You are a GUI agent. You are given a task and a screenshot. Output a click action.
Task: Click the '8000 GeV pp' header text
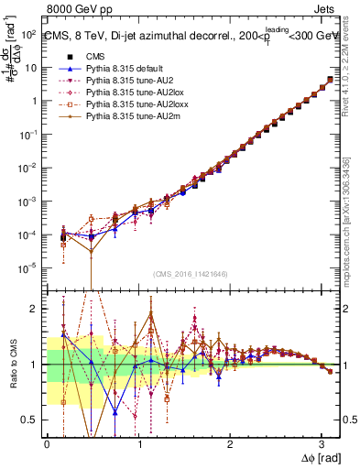coord(79,10)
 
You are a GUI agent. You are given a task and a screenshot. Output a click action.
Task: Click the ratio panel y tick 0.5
coord(34,420)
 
